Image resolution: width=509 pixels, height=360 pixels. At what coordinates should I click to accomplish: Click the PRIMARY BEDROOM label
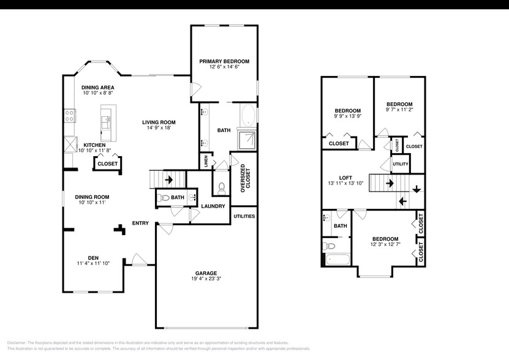[x=224, y=61]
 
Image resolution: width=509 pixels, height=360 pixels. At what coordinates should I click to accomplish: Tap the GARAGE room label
[x=206, y=273]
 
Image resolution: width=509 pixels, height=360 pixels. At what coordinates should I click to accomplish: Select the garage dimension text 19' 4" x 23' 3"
[x=206, y=280]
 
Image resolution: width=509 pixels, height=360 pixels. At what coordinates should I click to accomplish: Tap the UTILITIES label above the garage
[x=244, y=216]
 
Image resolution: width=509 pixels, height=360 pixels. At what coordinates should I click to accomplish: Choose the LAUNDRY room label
[x=213, y=206]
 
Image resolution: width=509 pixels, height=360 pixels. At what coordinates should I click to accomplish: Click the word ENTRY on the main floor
[x=140, y=223]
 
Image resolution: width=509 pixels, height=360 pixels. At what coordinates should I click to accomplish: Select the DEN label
[x=92, y=257]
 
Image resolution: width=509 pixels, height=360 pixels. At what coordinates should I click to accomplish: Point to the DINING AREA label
[x=98, y=88]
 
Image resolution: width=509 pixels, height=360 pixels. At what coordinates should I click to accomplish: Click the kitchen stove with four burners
[x=70, y=116]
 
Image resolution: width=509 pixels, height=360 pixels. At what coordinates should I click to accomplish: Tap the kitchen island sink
[x=105, y=119]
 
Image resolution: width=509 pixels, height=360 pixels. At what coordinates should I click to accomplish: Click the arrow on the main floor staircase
[x=168, y=180]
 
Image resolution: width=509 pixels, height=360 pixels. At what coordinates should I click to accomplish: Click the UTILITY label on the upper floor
[x=401, y=165]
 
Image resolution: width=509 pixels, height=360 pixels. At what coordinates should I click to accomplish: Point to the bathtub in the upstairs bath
[x=336, y=258]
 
